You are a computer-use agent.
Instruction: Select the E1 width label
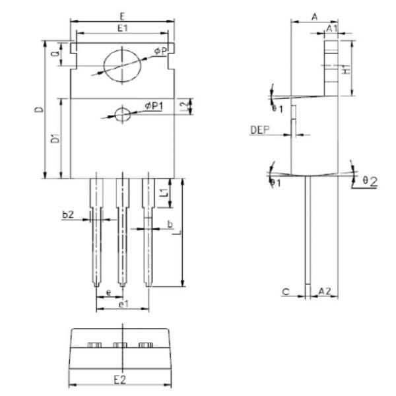tap(123, 28)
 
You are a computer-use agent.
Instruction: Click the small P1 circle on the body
tap(123, 115)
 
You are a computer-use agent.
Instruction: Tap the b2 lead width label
tap(67, 214)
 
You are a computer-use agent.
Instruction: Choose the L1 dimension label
tap(164, 194)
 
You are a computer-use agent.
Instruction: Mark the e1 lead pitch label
tap(122, 304)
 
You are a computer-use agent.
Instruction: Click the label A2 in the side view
tap(325, 290)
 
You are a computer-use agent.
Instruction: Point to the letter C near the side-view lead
tap(284, 290)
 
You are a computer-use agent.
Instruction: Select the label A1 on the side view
tap(333, 29)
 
